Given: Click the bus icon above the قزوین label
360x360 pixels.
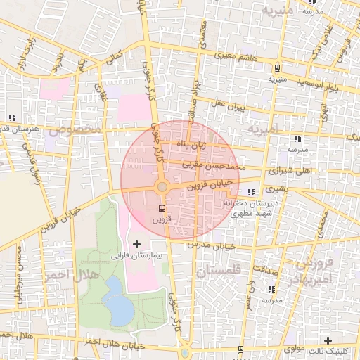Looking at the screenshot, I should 162,209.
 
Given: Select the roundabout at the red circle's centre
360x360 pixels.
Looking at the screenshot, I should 162,187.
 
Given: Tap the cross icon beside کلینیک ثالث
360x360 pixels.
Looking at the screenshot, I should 327,340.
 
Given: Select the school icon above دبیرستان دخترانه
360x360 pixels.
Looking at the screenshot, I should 252,192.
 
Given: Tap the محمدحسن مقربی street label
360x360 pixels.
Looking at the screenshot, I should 212,165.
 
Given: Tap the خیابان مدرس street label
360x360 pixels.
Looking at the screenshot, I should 212,245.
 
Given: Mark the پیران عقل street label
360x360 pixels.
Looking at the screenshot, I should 230,105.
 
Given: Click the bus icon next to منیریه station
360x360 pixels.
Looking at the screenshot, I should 278,69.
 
